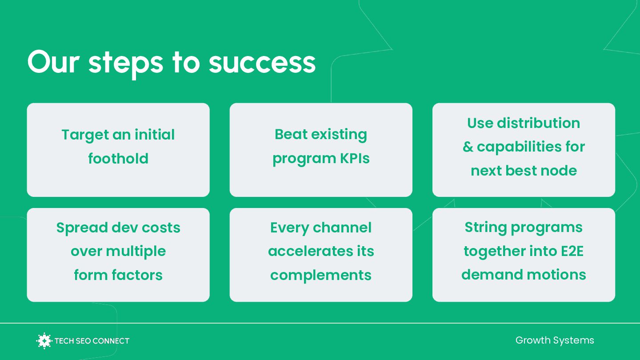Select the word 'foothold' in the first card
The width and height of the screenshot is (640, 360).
coord(118,159)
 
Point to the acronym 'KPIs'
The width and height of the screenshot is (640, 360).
coord(353,159)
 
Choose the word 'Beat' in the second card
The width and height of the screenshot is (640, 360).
coord(292,134)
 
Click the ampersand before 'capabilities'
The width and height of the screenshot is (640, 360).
coord(468,147)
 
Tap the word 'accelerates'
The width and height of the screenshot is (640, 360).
coord(304,252)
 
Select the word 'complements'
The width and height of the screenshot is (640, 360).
coord(321,275)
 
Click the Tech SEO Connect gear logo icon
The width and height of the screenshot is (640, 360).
coord(44,341)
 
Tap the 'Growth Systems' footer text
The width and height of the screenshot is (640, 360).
coord(555,340)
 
